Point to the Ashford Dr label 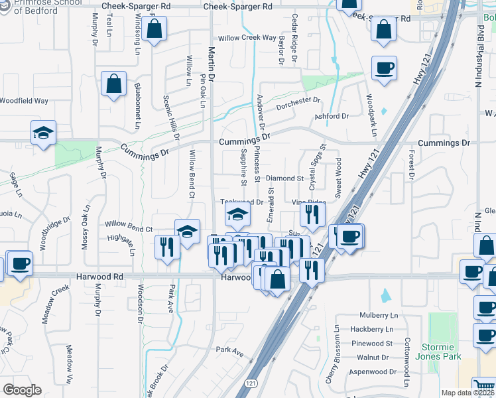pos(332,116)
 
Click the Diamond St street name pos(284,178)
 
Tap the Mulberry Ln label pos(379,316)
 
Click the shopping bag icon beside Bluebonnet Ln pos(113,84)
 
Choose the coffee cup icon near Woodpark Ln pos(385,67)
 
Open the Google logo pos(22,389)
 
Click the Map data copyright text pos(468,393)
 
